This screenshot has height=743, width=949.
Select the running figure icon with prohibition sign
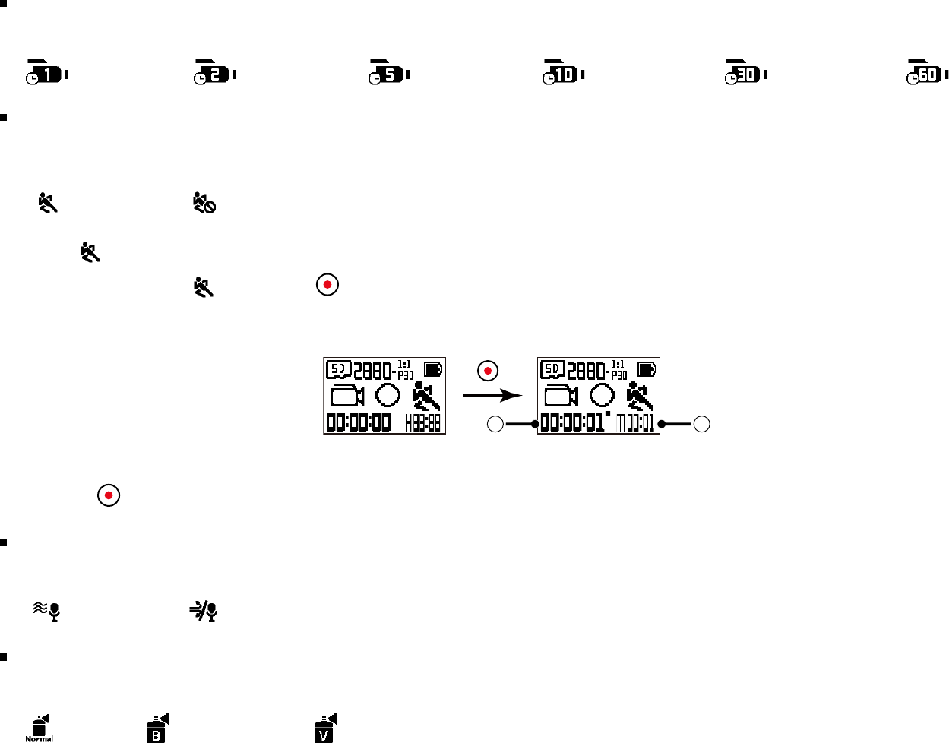click(204, 203)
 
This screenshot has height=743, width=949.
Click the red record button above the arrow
click(488, 371)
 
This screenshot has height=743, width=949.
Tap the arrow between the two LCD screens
click(492, 395)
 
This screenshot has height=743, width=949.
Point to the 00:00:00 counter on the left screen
click(359, 422)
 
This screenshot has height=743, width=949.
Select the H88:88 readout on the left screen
click(423, 423)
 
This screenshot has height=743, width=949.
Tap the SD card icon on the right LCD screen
click(552, 370)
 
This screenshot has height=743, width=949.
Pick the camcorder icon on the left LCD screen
click(347, 396)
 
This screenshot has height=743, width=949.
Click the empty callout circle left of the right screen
click(495, 425)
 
